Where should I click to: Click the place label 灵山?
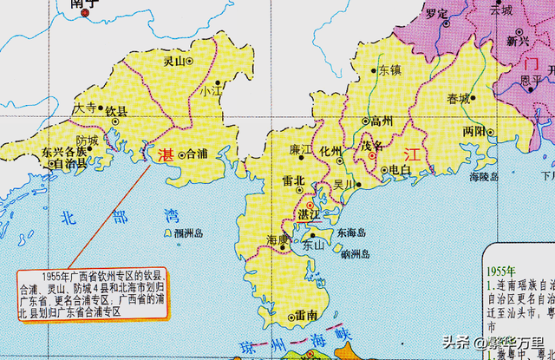point(174,62)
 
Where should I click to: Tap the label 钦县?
point(116,111)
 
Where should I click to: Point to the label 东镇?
point(389,72)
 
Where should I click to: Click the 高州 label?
point(382,121)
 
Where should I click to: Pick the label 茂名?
point(372,145)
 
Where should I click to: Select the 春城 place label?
point(458,98)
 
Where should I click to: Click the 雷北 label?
point(294,181)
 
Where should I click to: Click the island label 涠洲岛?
point(187,234)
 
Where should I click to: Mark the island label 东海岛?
point(351,232)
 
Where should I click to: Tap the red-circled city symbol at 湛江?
point(310,203)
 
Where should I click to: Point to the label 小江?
point(209,90)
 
